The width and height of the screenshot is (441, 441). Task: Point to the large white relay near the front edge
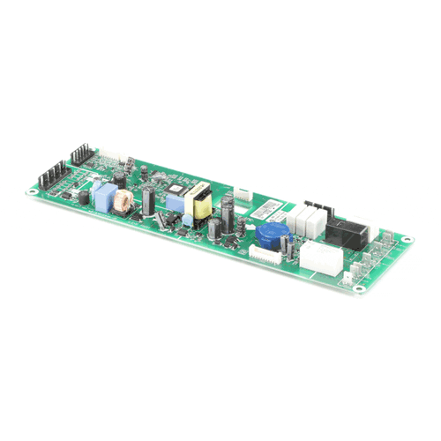pos(321,259)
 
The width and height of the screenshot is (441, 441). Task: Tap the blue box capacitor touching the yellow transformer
pos(188,212)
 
